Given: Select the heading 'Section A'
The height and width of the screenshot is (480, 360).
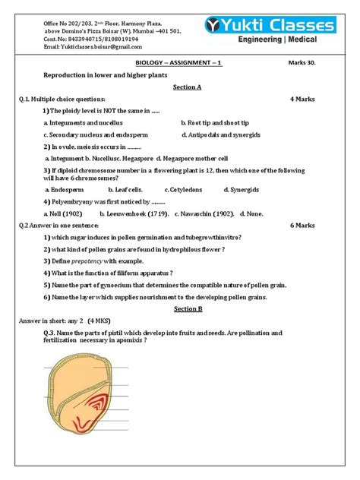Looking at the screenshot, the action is click(186, 87).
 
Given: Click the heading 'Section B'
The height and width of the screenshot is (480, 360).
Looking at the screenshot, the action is click(186, 309).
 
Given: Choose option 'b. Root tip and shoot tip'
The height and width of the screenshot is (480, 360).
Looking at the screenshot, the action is click(215, 122).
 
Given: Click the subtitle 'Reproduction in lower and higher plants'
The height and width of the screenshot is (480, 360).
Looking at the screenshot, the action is click(110, 76).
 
